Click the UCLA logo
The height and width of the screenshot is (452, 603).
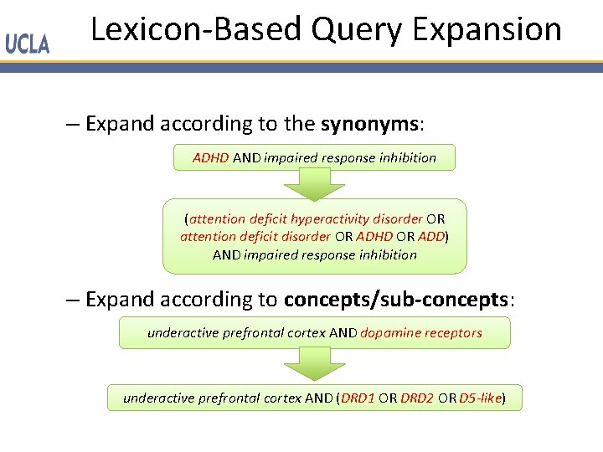[x=28, y=44]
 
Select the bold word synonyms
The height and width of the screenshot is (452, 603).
[x=369, y=125]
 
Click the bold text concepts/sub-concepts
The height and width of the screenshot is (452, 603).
[x=396, y=299]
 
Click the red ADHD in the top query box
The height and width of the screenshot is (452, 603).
[x=210, y=157]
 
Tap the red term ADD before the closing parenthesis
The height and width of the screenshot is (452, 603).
[x=430, y=237]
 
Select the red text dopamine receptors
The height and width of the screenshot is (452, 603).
[x=421, y=333]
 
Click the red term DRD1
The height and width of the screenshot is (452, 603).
[x=358, y=398]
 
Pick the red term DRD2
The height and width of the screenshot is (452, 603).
[x=417, y=398]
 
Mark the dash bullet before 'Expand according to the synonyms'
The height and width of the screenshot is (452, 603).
[x=72, y=125]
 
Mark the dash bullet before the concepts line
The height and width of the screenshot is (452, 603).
[x=72, y=299]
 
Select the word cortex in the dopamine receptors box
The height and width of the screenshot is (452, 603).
[x=307, y=333]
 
